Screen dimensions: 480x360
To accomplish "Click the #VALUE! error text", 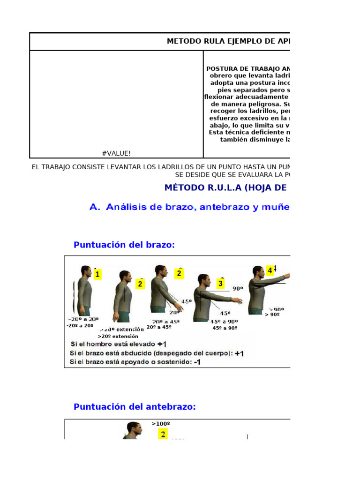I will click(x=116, y=153).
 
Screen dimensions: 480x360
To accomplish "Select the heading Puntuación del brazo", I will click(x=124, y=245).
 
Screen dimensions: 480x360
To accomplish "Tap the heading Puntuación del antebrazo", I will click(x=135, y=407).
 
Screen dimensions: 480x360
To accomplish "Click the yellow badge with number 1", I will click(x=97, y=275).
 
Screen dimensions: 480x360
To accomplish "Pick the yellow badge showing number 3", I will click(x=220, y=284).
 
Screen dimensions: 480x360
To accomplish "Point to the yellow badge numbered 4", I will click(x=270, y=270).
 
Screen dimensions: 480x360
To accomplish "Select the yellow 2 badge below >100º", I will click(x=163, y=435).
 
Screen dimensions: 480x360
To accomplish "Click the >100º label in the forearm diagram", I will click(x=161, y=424).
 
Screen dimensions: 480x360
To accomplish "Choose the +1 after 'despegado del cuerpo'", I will click(x=239, y=353).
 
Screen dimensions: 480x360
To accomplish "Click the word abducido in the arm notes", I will click(x=134, y=353).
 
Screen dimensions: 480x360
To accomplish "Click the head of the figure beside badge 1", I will click(x=85, y=271).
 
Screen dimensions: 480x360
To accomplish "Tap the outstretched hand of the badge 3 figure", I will click(x=239, y=300).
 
